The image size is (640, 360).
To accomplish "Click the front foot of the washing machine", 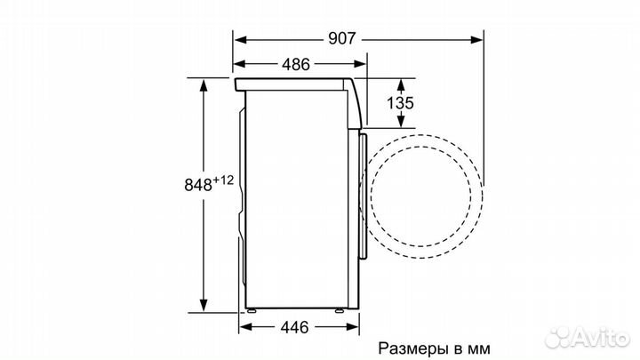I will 340,311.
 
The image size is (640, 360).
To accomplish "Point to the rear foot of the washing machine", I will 251,311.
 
